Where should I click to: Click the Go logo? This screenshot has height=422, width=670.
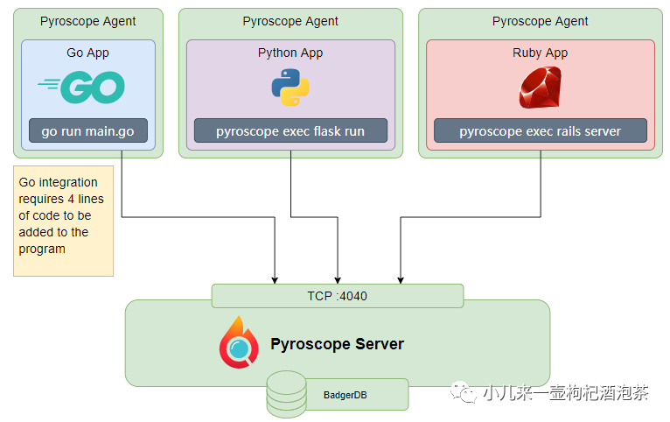pyautogui.click(x=81, y=88)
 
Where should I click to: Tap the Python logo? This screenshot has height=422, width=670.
pyautogui.click(x=290, y=88)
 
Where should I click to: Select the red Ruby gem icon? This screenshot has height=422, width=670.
pyautogui.click(x=540, y=88)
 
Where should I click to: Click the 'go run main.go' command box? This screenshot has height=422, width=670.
pyautogui.click(x=88, y=130)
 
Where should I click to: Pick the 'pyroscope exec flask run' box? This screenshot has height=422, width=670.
pyautogui.click(x=290, y=130)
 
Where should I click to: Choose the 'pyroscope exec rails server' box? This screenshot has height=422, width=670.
pyautogui.click(x=540, y=130)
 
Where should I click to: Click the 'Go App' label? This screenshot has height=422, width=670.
pyautogui.click(x=87, y=53)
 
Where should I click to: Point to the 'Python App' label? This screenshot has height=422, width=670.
pyautogui.click(x=290, y=53)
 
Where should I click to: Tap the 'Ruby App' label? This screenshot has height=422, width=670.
pyautogui.click(x=540, y=53)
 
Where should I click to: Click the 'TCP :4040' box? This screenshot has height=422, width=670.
pyautogui.click(x=338, y=296)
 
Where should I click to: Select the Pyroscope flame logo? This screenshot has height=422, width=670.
pyautogui.click(x=239, y=342)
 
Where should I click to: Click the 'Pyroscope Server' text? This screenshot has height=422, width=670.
pyautogui.click(x=337, y=344)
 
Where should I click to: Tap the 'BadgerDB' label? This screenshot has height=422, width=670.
pyautogui.click(x=345, y=395)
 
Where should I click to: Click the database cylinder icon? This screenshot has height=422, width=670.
pyautogui.click(x=287, y=394)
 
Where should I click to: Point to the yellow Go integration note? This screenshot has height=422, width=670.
pyautogui.click(x=63, y=221)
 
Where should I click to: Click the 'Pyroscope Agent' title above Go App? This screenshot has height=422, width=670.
pyautogui.click(x=87, y=21)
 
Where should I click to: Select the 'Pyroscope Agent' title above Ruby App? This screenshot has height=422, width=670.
pyautogui.click(x=540, y=21)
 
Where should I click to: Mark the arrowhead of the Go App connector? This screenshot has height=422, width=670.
pyautogui.click(x=275, y=281)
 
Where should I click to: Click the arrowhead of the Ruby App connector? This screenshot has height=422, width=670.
pyautogui.click(x=401, y=281)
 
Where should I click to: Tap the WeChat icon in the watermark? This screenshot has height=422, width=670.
pyautogui.click(x=464, y=392)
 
